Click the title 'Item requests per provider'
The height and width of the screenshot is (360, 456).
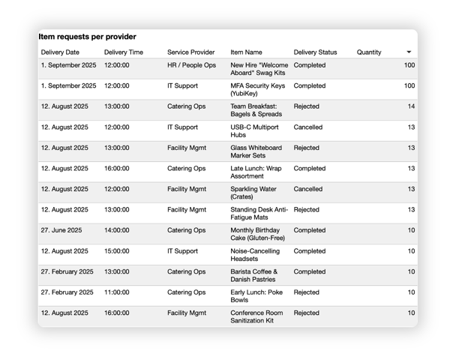[x=87, y=37]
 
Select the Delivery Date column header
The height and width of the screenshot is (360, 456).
[x=60, y=52]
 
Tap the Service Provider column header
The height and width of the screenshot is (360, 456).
[x=190, y=52]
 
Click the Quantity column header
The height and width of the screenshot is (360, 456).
[x=369, y=52]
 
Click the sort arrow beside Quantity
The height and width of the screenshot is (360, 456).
[x=409, y=52]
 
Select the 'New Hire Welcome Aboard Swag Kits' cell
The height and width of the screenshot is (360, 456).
[x=259, y=69]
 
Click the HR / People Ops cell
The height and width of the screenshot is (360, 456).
[x=191, y=65]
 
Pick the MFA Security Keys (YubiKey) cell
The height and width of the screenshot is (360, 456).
[x=258, y=90]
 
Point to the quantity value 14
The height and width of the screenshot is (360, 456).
[x=411, y=106]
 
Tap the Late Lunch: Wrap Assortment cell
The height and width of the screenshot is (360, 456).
[x=256, y=172]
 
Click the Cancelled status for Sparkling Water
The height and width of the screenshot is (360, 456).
[x=309, y=189]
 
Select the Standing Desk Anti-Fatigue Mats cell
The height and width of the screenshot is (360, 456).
[x=259, y=214]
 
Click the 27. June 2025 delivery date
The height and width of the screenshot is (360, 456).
[x=61, y=230]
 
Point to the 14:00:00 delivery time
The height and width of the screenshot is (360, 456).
[x=116, y=230]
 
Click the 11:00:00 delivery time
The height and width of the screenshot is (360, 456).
[x=116, y=292]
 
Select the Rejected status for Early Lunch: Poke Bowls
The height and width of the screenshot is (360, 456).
[x=306, y=292]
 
